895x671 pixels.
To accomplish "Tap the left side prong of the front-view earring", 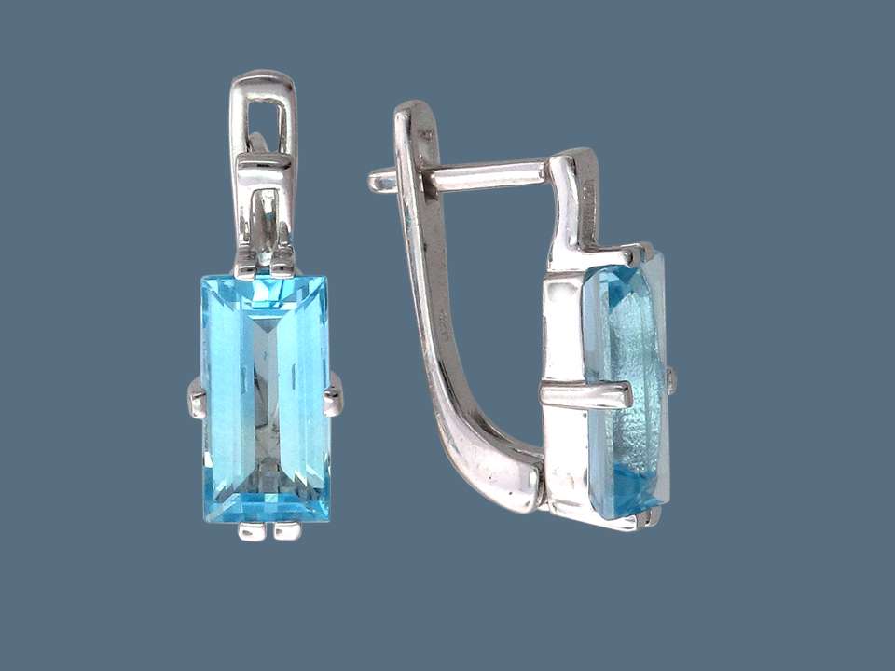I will (196, 398).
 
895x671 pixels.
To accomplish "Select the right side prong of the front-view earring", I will (333, 398).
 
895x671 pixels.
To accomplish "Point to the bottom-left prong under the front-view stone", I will (250, 531).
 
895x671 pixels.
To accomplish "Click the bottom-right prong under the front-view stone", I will (287, 531).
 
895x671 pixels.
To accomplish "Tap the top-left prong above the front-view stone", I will (247, 267).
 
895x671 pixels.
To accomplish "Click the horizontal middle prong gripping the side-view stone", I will (587, 393).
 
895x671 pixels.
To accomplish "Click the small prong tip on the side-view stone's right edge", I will (670, 377).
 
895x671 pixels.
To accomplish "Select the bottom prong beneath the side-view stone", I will (643, 518).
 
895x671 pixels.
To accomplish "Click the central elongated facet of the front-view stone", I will (267, 391).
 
